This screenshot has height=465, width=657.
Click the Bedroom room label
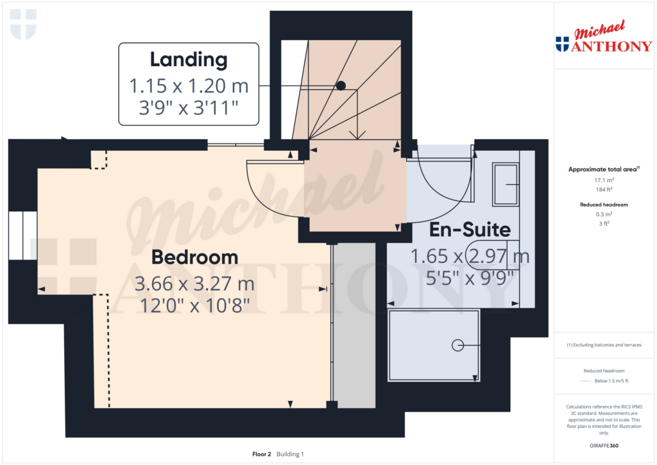(194, 257)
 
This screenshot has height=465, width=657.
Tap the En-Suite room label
(470, 230)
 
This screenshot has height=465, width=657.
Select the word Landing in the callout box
(189, 60)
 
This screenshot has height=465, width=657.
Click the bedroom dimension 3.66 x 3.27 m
(194, 283)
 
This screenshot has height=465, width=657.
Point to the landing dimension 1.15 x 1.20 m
(189, 86)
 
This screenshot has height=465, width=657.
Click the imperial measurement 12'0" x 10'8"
(194, 305)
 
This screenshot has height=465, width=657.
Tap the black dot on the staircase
(341, 85)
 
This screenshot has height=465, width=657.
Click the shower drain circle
(457, 345)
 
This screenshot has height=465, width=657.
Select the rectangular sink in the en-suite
(506, 184)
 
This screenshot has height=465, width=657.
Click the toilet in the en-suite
(493, 255)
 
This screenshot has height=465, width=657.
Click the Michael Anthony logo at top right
(604, 37)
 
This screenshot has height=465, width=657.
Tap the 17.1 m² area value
(604, 180)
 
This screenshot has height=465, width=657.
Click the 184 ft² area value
(604, 189)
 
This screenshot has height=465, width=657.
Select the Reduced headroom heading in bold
(604, 205)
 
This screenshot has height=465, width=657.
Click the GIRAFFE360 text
(604, 446)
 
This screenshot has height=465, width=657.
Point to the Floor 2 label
(262, 454)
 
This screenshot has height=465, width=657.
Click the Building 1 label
(290, 454)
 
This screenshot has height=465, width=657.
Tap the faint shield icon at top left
(23, 24)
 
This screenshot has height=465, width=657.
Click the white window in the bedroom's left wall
(23, 235)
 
